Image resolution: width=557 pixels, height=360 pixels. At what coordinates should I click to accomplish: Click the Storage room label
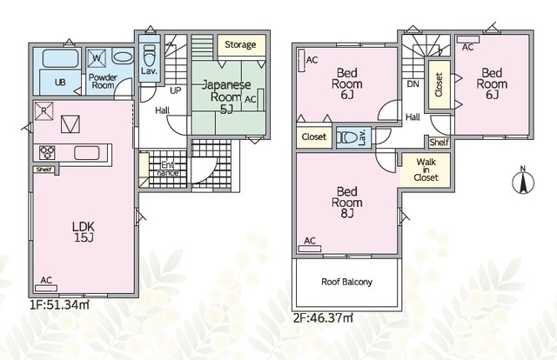click(240, 44)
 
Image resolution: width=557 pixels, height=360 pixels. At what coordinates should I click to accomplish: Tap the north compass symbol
click(523, 180)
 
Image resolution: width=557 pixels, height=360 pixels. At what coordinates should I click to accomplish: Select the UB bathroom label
click(60, 83)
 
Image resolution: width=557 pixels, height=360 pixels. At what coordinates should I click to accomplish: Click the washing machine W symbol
click(97, 57)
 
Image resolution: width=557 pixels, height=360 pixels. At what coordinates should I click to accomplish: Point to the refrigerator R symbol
click(44, 111)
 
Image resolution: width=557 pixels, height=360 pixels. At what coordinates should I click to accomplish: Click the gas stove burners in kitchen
click(47, 153)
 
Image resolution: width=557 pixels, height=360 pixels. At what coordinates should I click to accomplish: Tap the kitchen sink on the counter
click(87, 153)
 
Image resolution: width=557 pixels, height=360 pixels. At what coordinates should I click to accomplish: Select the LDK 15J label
click(84, 232)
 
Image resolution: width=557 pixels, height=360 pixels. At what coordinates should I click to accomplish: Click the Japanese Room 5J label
click(226, 97)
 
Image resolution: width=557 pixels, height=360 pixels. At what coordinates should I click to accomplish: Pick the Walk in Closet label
click(426, 170)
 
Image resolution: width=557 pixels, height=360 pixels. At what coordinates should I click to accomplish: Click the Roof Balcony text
click(346, 282)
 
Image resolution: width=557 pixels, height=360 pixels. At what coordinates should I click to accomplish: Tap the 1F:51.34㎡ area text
click(59, 304)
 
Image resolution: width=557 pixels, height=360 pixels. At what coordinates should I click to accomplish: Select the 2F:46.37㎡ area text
click(323, 317)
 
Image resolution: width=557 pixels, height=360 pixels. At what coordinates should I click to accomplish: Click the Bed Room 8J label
click(347, 203)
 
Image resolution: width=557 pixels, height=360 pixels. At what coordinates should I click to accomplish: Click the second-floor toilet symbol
click(348, 137)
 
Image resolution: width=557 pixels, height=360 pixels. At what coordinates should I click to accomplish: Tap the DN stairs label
click(413, 84)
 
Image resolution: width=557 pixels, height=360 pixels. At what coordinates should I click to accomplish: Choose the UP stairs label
click(176, 90)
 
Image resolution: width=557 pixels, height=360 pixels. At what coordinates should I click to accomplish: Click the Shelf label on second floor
click(439, 143)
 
